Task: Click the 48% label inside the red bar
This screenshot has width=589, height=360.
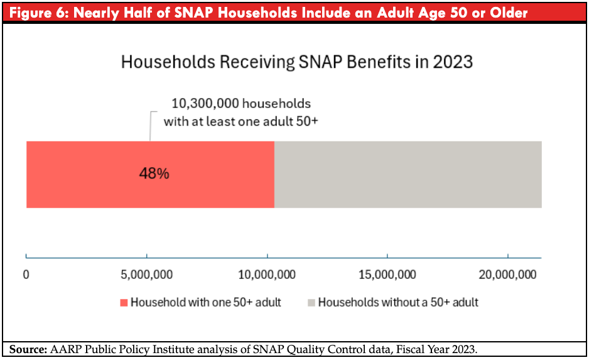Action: [x=154, y=173]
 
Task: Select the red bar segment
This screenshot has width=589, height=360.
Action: [x=150, y=175]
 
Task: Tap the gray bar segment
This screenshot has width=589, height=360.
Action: [x=408, y=175]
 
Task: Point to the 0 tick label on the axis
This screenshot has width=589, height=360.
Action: [x=26, y=275]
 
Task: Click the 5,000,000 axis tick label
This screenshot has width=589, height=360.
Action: [x=146, y=275]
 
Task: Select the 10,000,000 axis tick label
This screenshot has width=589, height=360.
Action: [x=267, y=275]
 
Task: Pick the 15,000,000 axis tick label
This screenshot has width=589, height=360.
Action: [x=387, y=275]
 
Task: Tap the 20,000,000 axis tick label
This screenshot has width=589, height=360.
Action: [x=507, y=275]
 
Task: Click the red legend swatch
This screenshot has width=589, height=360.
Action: [x=124, y=302]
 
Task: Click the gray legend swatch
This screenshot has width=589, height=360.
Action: [x=311, y=302]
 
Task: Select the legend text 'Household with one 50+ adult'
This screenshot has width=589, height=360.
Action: [x=206, y=302]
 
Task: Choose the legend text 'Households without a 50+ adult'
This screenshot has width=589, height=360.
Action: [x=398, y=302]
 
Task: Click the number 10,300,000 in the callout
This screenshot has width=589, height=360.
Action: [x=205, y=103]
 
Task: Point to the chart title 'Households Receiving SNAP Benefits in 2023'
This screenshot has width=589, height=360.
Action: [x=297, y=62]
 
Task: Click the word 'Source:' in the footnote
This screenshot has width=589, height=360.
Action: [x=28, y=349]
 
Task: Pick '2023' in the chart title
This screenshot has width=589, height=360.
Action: [x=453, y=62]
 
